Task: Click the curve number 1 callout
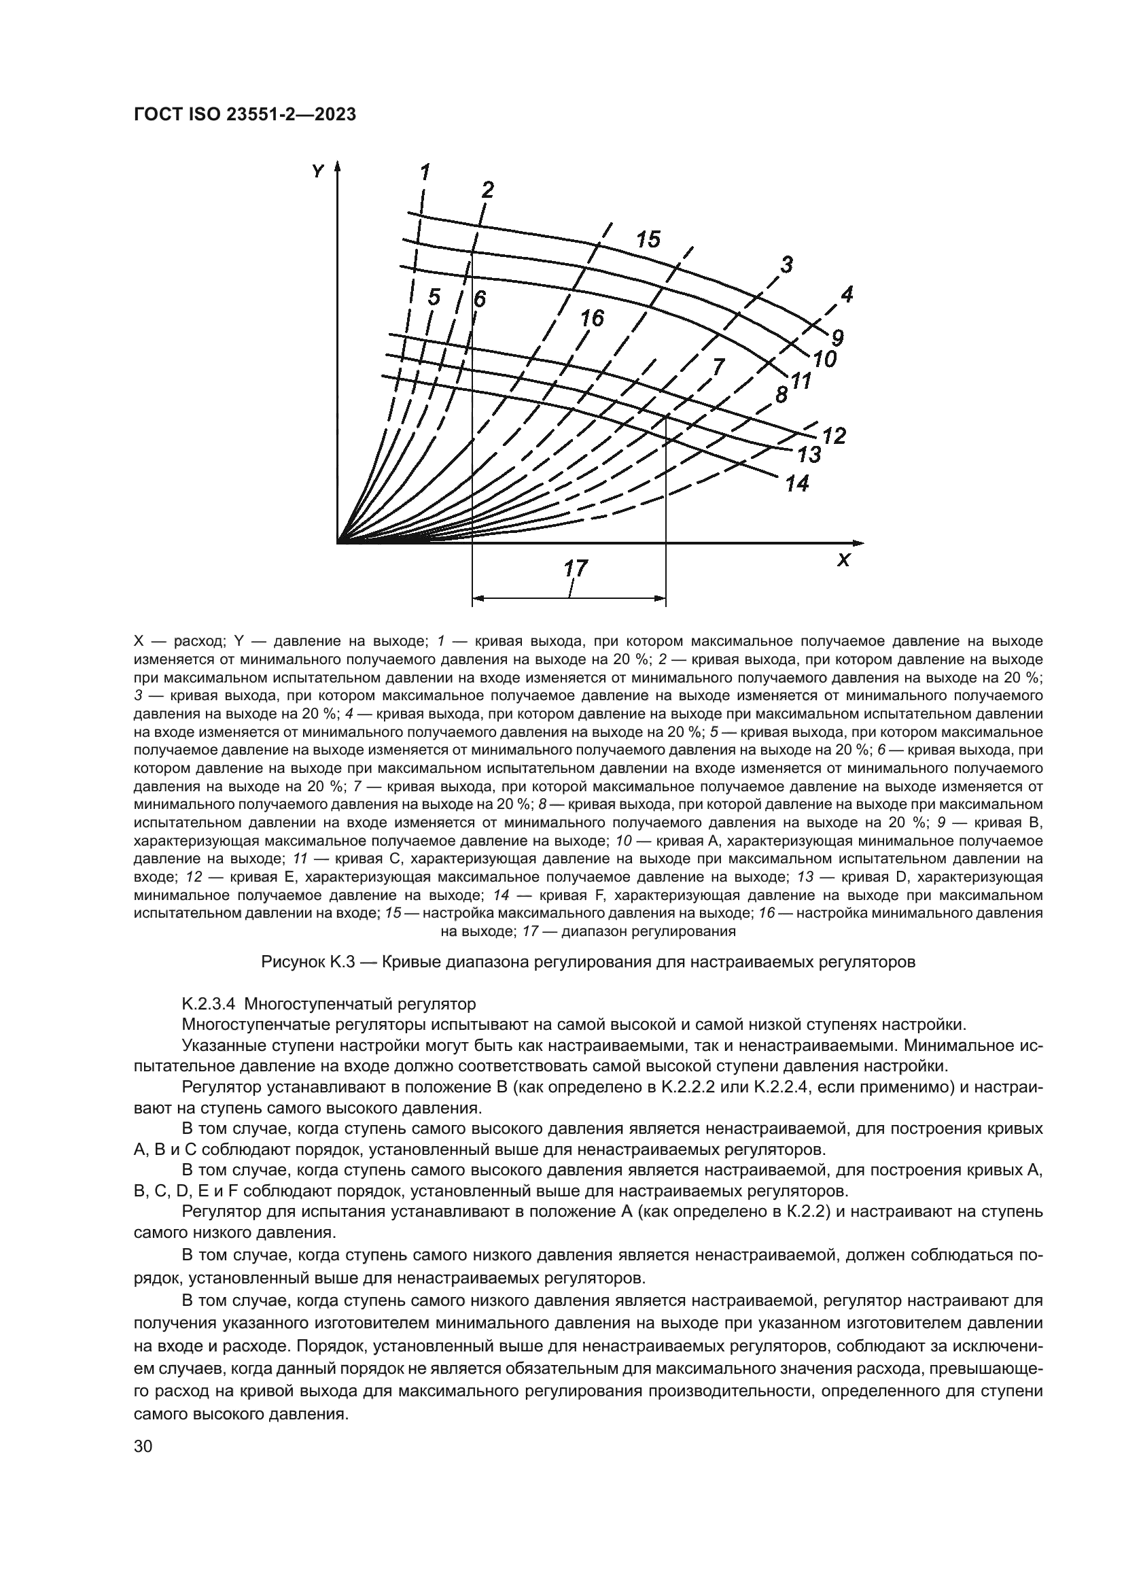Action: pos(425,171)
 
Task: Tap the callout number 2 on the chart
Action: pos(488,190)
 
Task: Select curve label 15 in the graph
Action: pos(648,239)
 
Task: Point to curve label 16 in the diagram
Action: pos(592,319)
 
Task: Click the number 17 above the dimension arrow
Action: pos(576,568)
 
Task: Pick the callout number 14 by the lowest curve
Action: pos(797,483)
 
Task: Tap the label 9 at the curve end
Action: pos(837,339)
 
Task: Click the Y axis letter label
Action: pos(317,171)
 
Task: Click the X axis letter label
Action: pos(843,560)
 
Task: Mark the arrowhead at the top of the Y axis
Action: pos(338,169)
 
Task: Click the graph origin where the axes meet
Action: pos(338,542)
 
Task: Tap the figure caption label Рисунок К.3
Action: pos(300,963)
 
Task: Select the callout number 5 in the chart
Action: pos(434,298)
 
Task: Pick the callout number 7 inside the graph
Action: pos(718,366)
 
